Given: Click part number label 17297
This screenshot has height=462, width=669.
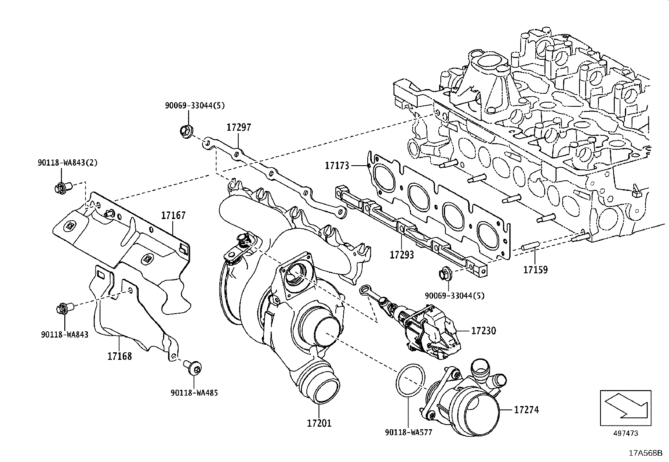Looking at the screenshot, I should point(239,127).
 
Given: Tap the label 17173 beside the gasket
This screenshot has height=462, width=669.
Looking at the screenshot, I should point(337,166).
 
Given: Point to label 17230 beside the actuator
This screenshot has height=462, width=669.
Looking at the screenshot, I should point(483,331).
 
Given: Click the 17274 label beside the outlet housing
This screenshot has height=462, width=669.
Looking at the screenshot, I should point(526,409).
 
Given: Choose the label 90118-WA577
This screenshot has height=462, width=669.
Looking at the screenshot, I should point(408,432).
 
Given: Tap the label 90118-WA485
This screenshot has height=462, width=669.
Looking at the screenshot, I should point(194,393).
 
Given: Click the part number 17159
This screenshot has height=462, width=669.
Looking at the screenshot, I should point(535,269).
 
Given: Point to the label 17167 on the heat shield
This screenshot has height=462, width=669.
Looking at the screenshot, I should point(173,216).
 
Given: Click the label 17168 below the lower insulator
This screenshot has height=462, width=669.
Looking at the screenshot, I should point(119,356).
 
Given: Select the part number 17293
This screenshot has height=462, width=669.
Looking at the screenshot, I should point(402,255).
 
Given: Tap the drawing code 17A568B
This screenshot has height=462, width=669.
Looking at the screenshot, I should point(645,454).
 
